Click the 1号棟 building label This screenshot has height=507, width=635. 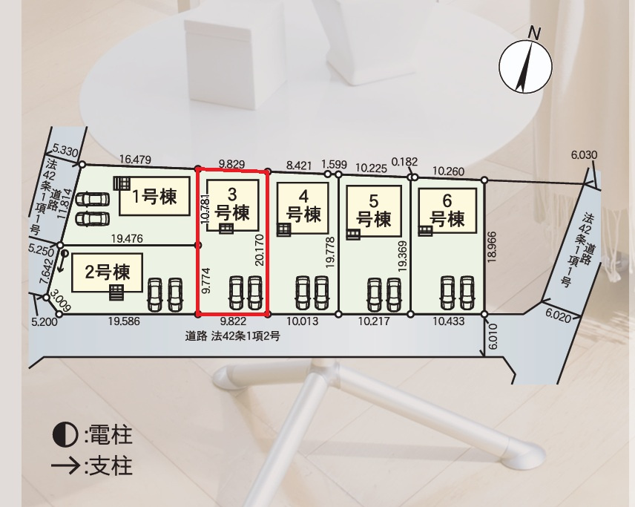[x=155, y=197]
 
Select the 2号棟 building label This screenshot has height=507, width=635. [x=108, y=272]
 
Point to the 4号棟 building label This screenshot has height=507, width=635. [x=303, y=206]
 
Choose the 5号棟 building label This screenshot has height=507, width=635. [x=374, y=211]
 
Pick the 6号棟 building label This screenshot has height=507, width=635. [x=447, y=210]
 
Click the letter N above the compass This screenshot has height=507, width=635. [x=535, y=33]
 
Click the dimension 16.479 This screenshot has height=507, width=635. [x=135, y=160]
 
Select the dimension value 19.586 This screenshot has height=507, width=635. [x=124, y=321]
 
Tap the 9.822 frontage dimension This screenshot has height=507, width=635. [x=233, y=321]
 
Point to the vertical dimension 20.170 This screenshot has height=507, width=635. [x=260, y=250]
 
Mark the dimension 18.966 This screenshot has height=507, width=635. [x=492, y=246]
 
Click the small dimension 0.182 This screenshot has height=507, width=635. [x=404, y=162]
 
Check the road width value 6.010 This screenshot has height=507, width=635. [x=493, y=336]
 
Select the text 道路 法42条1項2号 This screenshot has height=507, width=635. [x=232, y=336]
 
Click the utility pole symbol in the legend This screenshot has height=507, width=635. [x=65, y=434]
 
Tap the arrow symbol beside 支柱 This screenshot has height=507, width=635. [x=65, y=466]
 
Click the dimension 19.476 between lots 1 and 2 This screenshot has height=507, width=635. [x=127, y=239]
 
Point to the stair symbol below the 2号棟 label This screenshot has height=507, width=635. [x=116, y=292]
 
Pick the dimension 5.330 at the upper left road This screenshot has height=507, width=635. [x=65, y=152]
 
